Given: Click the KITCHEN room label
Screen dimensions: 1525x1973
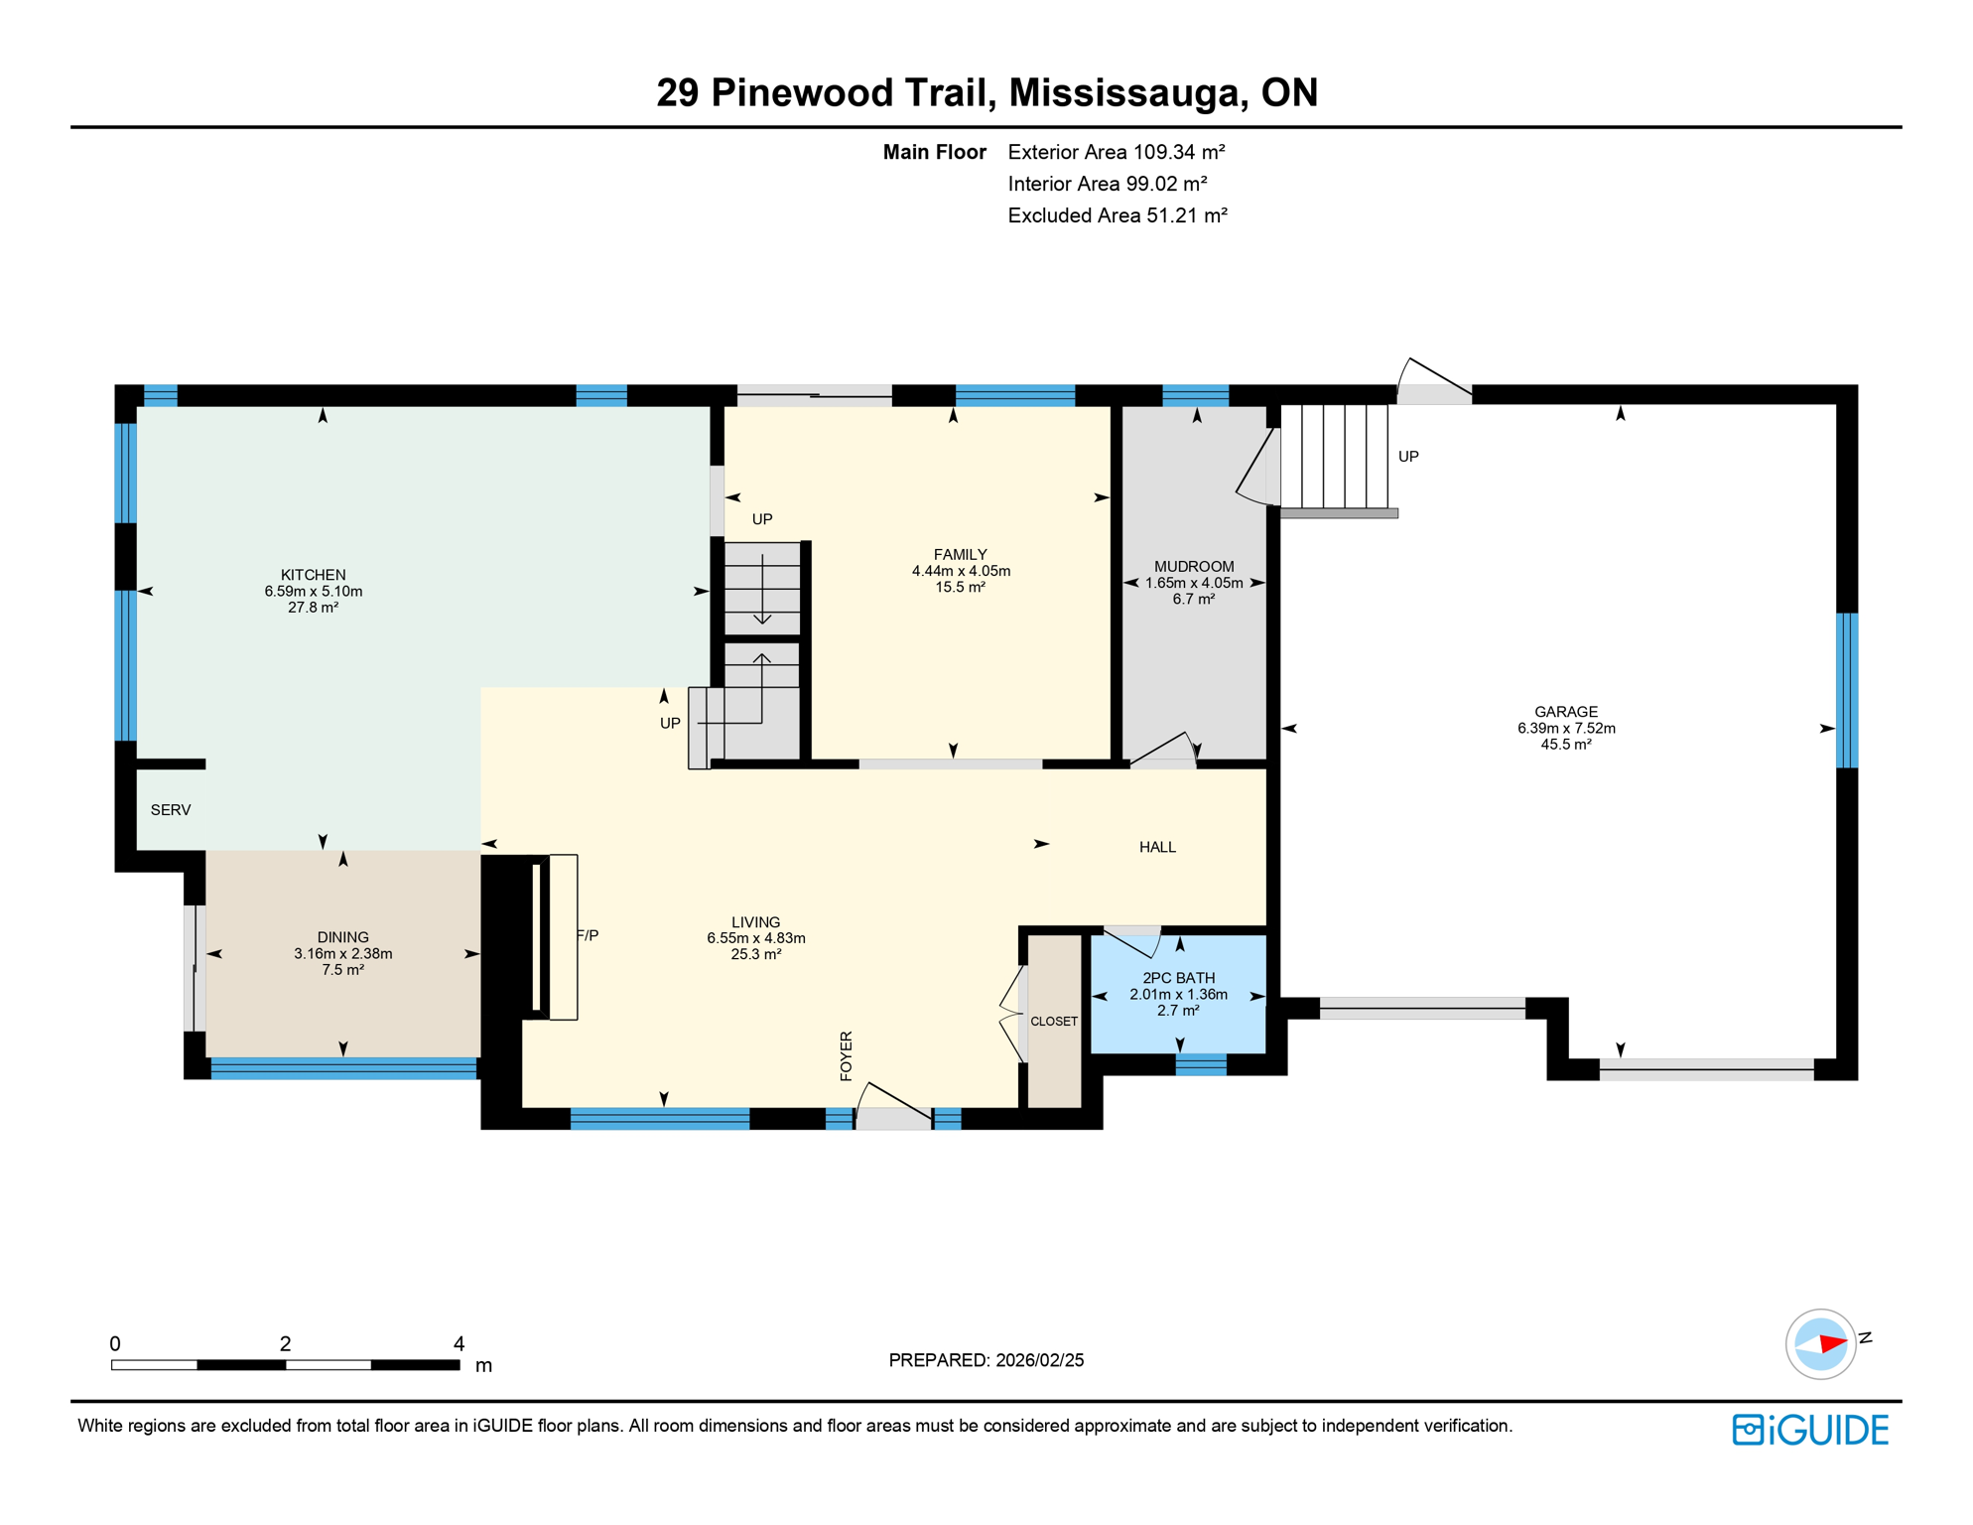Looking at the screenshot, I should [313, 575].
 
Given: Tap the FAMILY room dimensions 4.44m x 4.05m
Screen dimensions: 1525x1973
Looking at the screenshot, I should [960, 571].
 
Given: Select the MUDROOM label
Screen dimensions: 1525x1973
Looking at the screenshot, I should [1193, 567].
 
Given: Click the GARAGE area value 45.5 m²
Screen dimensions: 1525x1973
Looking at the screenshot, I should [1565, 745].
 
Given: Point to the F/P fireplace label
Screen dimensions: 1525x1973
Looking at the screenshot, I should [588, 935].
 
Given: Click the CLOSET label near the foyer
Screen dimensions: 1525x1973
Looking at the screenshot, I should [1053, 1021].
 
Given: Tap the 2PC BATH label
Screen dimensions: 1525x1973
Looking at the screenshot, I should [1178, 978].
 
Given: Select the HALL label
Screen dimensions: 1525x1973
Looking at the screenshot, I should [1157, 847].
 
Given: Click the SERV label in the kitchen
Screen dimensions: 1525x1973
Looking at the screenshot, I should [171, 810].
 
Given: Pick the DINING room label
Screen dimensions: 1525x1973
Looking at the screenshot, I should [342, 937].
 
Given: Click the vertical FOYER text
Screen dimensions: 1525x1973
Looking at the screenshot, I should [846, 1055].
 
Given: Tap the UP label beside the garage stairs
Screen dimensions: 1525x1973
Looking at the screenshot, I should [1407, 457].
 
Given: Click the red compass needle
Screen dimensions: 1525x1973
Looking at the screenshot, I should [1831, 1343].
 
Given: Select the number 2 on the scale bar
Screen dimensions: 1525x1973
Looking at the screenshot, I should [285, 1343].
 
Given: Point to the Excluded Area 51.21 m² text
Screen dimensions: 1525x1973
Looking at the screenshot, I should [1117, 215].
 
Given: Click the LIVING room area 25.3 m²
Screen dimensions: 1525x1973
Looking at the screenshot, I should [755, 954].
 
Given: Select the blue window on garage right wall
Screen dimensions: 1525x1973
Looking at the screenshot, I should [1846, 690].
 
